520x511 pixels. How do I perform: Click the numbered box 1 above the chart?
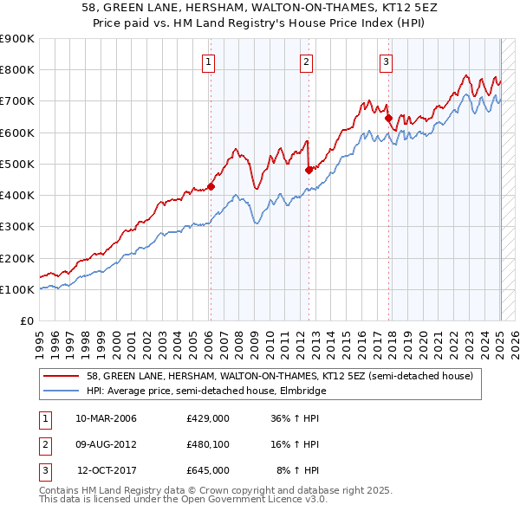pos(210,61)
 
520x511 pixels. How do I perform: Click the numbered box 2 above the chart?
pos(307,61)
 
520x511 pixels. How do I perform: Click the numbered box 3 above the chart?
pos(386,61)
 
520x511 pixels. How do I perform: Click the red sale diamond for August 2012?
pos(309,170)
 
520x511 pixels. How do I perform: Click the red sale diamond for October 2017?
pos(388,119)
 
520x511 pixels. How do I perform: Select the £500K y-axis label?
pos(17,164)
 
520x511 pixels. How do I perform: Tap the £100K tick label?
pos(17,289)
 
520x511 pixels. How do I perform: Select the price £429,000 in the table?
pos(207,418)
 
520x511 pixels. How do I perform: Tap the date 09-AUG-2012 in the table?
pos(107,444)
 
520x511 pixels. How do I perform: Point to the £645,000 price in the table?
pos(207,470)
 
